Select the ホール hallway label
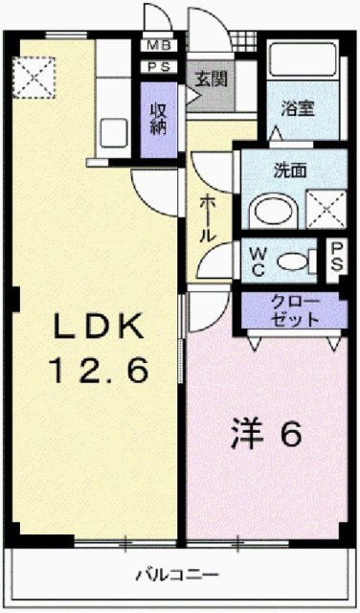(208, 219)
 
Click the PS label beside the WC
(336, 258)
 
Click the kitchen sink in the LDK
(115, 134)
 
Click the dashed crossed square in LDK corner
(35, 74)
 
